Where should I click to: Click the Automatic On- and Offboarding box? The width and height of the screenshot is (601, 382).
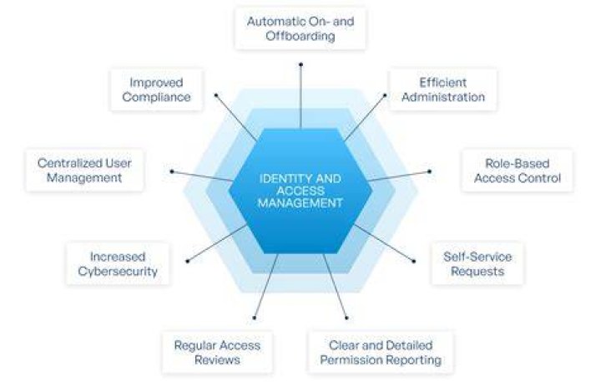[300, 28]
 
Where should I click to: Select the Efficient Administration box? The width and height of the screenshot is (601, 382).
[443, 89]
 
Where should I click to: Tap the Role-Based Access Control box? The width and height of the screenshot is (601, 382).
[518, 171]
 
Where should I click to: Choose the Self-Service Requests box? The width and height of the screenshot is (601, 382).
[477, 264]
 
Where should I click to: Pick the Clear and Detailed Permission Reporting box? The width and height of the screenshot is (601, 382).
[381, 353]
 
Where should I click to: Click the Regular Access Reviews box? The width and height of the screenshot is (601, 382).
[217, 353]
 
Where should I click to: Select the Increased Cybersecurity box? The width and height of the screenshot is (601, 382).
[118, 264]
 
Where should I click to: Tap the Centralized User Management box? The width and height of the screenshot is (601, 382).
[84, 171]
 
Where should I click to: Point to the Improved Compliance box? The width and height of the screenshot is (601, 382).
[156, 89]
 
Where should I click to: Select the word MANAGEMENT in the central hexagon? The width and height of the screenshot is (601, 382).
[300, 203]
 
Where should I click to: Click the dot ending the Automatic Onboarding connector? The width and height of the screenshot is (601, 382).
[300, 64]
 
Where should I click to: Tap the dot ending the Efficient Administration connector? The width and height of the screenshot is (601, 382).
[385, 94]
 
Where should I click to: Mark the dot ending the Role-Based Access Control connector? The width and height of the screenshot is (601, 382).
[429, 171]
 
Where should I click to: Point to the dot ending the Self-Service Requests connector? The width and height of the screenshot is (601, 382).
[413, 262]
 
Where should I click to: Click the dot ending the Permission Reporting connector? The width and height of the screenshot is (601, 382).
[346, 318]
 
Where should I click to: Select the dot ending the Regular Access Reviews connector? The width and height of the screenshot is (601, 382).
[254, 318]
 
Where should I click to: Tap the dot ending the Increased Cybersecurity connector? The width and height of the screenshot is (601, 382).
[188, 262]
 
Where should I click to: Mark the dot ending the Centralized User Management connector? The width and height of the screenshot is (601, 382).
[172, 171]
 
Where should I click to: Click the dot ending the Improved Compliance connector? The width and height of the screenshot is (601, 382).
[216, 94]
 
